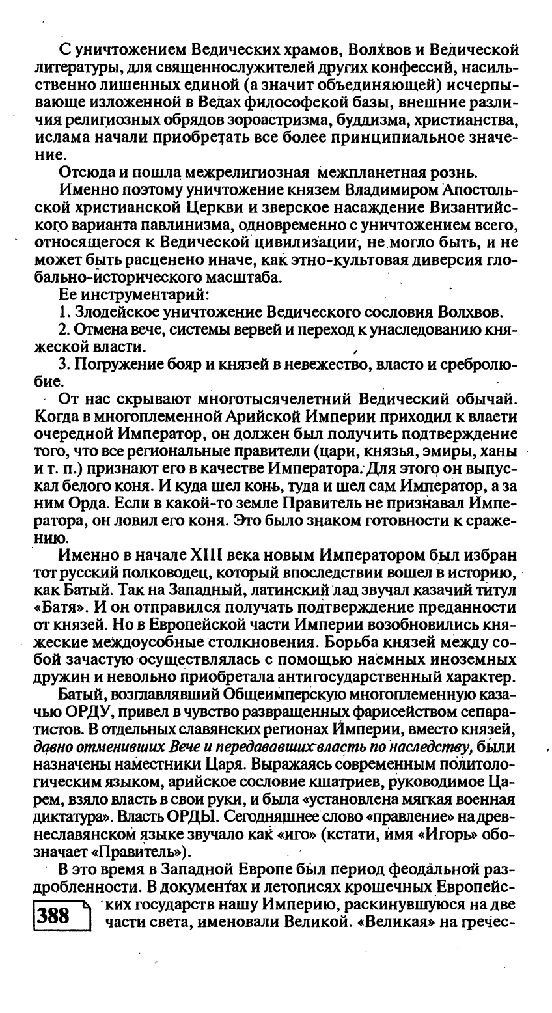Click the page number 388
pos(54,915)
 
